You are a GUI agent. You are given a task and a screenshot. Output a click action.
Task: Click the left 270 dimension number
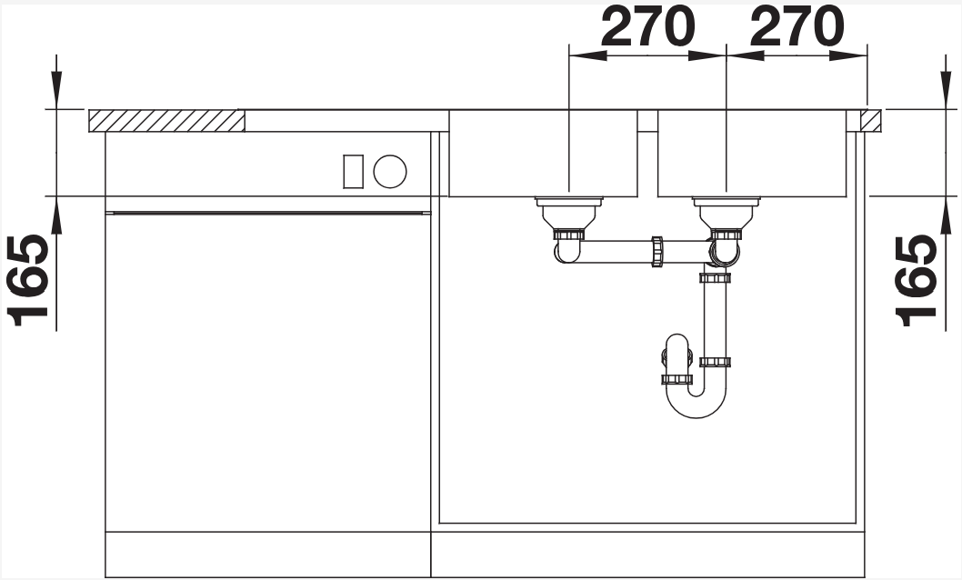pos(647,27)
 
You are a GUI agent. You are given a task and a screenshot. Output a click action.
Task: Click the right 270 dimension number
pos(797,27)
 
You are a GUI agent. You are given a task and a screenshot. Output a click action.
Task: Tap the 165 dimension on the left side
pos(28,280)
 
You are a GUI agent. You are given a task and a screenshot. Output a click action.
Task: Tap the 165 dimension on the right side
pos(916,280)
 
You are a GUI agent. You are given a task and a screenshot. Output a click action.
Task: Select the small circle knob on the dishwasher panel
pos(389,170)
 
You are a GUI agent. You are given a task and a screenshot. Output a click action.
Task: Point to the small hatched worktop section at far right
pos(870,121)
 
